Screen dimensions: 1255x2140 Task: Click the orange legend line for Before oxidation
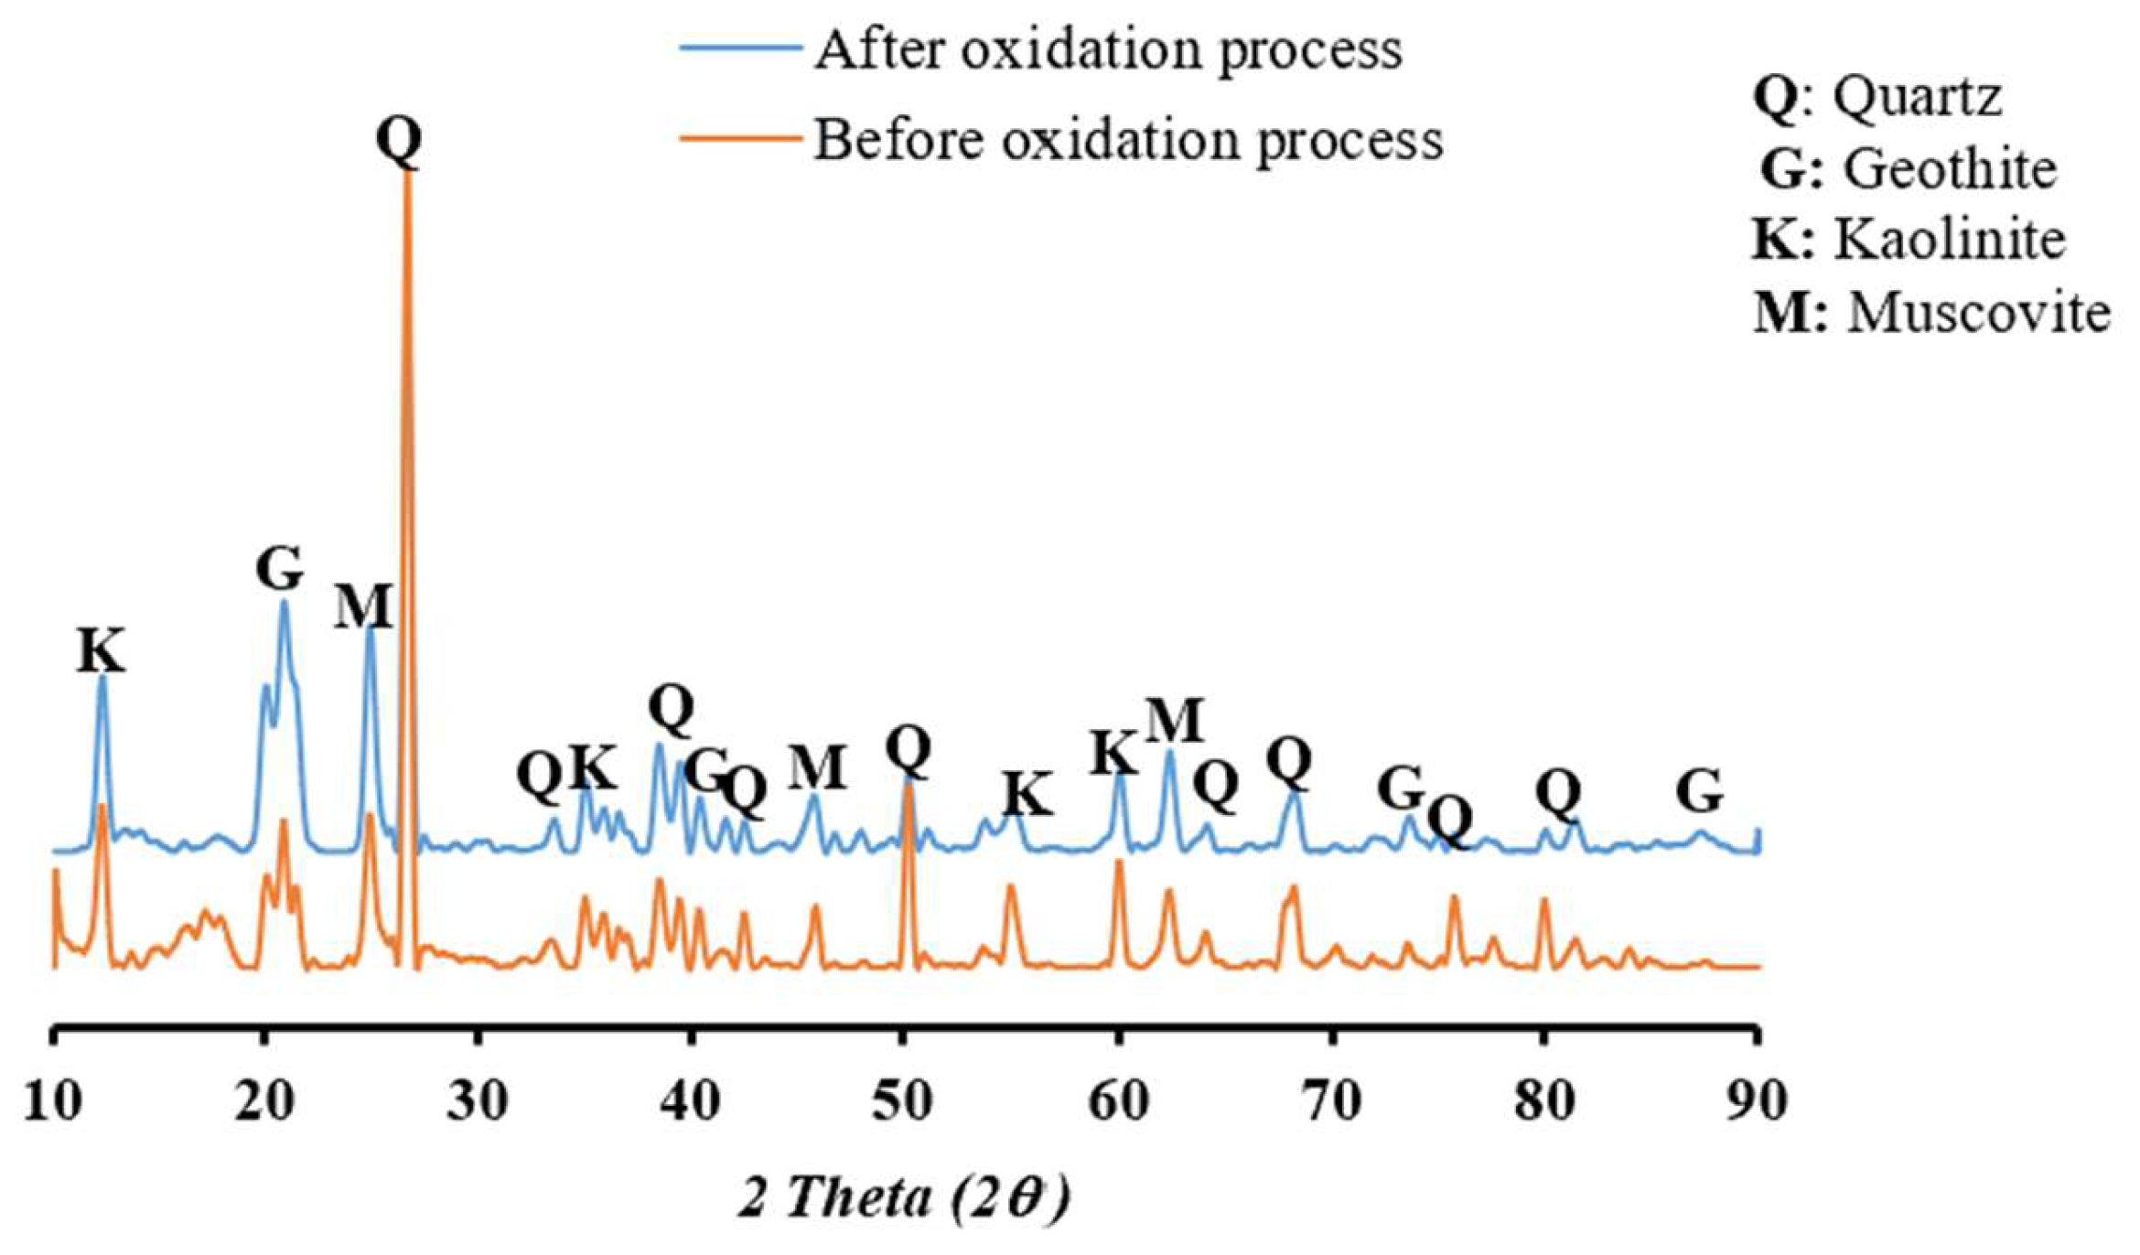click(741, 139)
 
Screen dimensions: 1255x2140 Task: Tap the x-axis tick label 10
click(53, 1101)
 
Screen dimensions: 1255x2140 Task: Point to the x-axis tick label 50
click(901, 1101)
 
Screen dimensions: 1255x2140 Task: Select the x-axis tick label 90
click(1756, 1101)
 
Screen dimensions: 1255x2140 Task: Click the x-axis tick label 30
click(477, 1101)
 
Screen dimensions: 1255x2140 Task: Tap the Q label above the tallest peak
click(400, 141)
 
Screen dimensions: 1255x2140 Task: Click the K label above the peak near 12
click(100, 651)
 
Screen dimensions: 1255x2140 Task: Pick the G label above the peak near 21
click(279, 569)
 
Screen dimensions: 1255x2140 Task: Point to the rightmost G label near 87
click(1700, 791)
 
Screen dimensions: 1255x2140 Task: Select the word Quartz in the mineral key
click(1918, 95)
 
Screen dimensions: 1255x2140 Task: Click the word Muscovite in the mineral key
click(1978, 313)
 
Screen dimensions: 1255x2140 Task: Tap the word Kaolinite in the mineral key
click(1950, 240)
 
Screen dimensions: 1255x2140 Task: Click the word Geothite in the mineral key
click(1950, 168)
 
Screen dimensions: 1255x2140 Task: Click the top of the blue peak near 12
click(102, 678)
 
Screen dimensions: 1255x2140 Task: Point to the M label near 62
click(1174, 721)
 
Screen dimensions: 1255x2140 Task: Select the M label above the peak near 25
click(362, 606)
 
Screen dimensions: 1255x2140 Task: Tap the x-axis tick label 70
click(1329, 1101)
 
